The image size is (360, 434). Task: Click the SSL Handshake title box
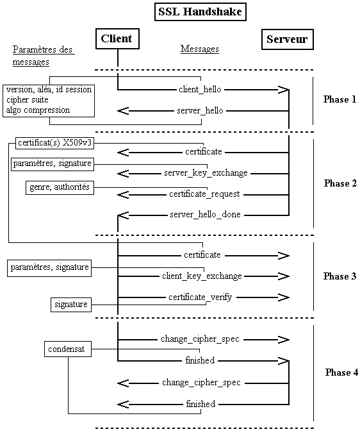(201, 12)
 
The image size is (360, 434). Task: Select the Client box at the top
(117, 39)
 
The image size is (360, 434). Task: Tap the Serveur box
(286, 40)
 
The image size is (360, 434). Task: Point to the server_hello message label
(200, 111)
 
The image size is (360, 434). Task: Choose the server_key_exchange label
(206, 173)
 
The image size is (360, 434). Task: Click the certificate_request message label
(204, 194)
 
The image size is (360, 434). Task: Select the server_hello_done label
(205, 214)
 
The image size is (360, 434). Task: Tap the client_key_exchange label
(202, 276)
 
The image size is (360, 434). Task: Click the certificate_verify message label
(200, 297)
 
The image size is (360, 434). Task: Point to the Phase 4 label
(338, 372)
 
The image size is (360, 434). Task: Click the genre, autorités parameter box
(60, 187)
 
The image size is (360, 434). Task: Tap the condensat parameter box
(67, 349)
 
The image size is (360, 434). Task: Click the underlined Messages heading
(200, 49)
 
